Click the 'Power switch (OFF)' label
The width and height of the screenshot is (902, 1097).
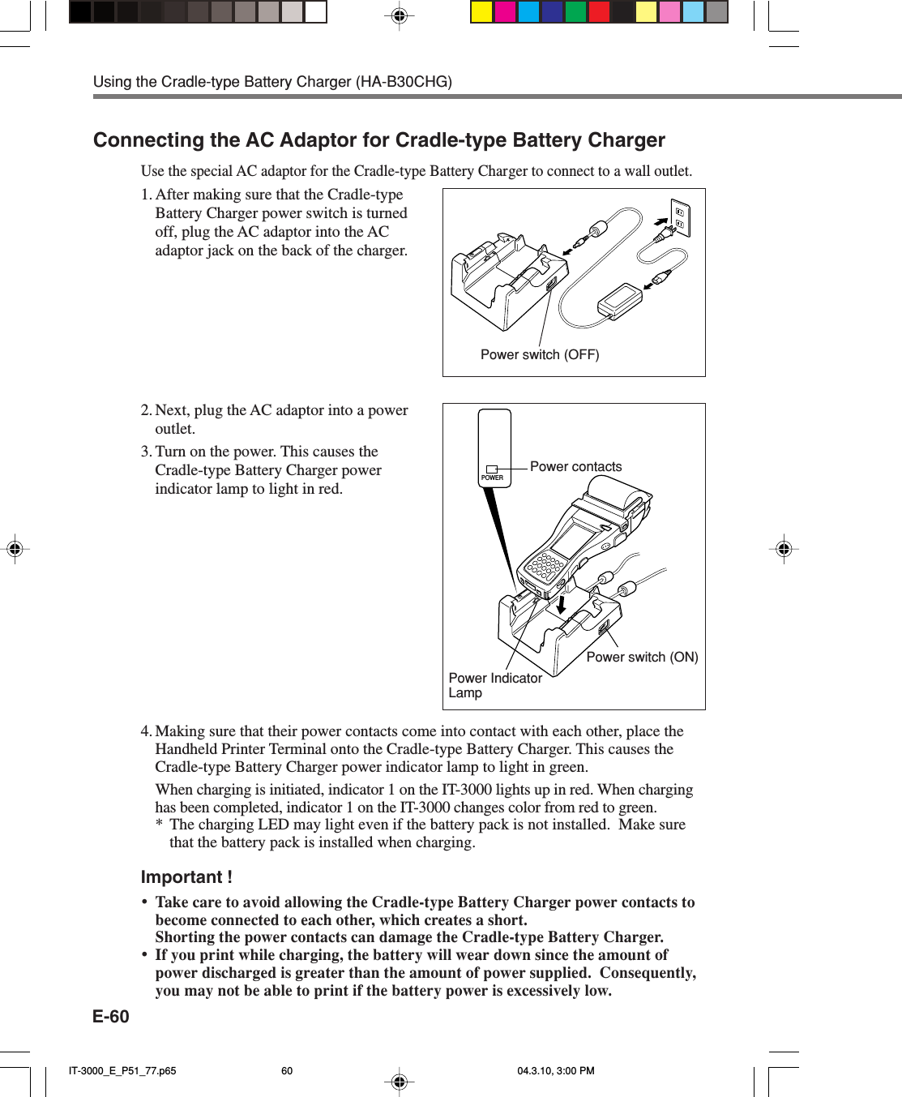(x=540, y=355)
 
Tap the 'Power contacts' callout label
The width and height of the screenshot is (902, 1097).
(x=575, y=467)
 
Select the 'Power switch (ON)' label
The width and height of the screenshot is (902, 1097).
(x=642, y=658)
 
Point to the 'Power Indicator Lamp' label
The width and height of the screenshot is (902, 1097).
(x=494, y=685)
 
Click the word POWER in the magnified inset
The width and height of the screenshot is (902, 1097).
(x=492, y=478)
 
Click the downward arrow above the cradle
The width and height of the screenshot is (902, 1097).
(x=561, y=604)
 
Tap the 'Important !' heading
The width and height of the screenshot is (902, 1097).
(x=186, y=877)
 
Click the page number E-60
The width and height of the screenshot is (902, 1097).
(x=111, y=1017)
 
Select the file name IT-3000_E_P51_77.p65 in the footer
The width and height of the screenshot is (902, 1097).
(x=122, y=1071)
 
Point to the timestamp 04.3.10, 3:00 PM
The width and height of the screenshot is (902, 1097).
(x=556, y=1071)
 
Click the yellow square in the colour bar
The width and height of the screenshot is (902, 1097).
(x=481, y=12)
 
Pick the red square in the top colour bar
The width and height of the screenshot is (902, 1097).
(x=599, y=12)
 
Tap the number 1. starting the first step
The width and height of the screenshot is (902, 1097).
(x=146, y=195)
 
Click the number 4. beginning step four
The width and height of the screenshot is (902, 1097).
(x=146, y=731)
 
